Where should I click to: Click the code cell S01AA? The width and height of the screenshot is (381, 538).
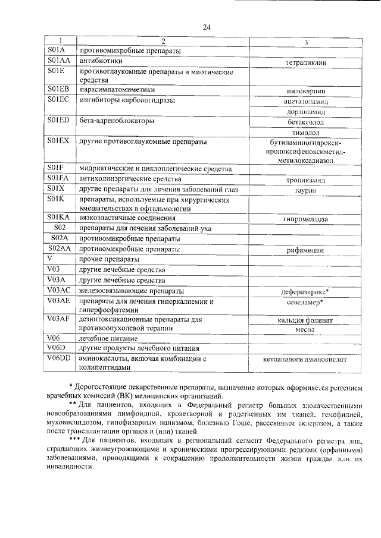coord(60,61)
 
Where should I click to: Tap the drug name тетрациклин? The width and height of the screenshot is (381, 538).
coord(305,62)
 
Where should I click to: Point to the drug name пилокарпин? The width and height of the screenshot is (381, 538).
coord(305,92)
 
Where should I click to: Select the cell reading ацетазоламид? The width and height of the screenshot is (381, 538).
coord(305,102)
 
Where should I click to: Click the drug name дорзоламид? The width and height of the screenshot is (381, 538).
coord(305,112)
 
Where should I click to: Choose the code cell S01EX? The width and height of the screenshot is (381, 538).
coord(60,141)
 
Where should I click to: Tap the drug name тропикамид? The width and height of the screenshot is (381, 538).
coord(305,179)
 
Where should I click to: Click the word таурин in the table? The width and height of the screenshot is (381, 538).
coord(305,189)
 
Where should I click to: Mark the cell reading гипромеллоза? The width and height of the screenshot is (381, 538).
coord(305,219)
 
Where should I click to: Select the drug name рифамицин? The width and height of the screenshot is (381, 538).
coord(305,251)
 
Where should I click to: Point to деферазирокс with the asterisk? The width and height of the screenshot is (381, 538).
coord(305,292)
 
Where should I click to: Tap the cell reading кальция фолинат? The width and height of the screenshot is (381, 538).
coord(305,320)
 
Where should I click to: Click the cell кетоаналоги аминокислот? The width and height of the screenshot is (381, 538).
coord(305,360)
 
